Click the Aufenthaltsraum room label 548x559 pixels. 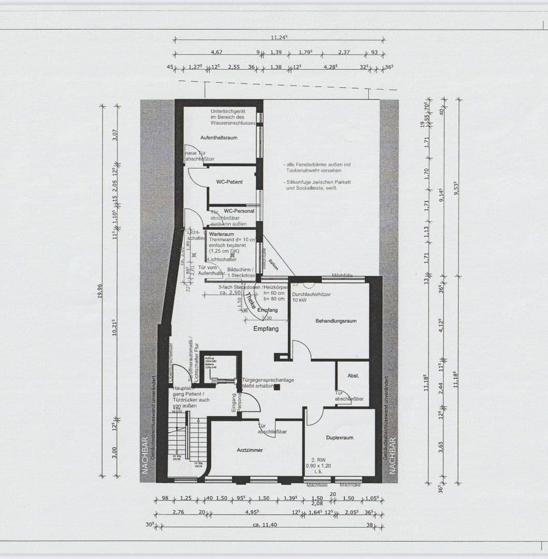(219, 138)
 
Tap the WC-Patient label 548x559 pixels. (229, 182)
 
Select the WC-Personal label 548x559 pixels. (239, 211)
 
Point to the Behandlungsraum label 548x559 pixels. (336, 321)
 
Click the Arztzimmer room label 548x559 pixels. (250, 450)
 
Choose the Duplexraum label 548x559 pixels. (339, 438)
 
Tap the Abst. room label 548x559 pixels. (353, 376)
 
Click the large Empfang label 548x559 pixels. (266, 329)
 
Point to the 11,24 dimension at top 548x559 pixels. (279, 37)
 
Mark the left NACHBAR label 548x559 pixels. (145, 455)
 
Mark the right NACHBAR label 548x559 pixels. (392, 455)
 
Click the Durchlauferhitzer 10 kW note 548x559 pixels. (311, 297)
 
